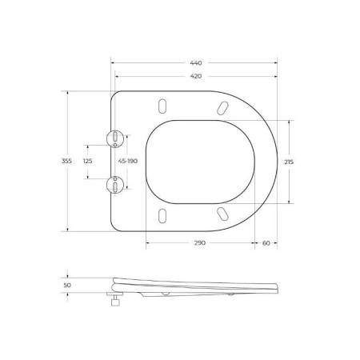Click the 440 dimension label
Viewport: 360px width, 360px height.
[x=196, y=62]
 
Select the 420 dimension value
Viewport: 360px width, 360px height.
[x=196, y=76]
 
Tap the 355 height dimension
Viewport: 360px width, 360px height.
[x=66, y=161]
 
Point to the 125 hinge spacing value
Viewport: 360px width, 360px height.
[x=88, y=161]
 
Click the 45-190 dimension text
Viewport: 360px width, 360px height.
[x=128, y=161]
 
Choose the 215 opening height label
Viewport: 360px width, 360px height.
[x=289, y=161]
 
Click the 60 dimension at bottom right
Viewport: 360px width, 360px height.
[x=266, y=242]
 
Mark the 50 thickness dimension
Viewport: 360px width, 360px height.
[x=67, y=284]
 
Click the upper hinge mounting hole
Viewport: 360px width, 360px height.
[x=116, y=138]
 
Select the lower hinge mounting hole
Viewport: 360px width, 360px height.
[x=116, y=185]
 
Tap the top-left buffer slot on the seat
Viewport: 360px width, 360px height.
[x=163, y=107]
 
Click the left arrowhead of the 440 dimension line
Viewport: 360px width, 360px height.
[x=112, y=62]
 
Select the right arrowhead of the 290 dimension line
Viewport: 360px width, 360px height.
[x=253, y=242]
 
